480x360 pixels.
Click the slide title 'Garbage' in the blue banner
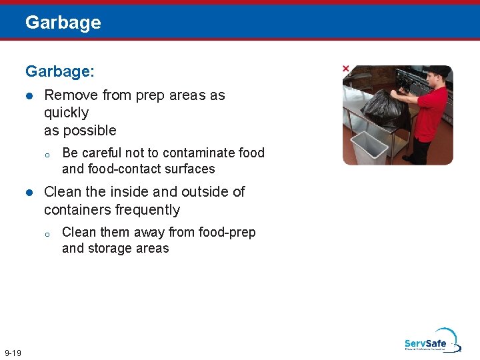click(63, 23)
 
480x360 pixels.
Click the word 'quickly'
click(66, 113)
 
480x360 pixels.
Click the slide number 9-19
click(13, 353)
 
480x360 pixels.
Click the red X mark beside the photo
click(345, 69)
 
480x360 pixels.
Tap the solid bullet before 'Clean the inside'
click(29, 193)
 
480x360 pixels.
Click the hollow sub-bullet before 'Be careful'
click(47, 154)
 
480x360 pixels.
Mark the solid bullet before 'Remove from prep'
click(29, 96)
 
